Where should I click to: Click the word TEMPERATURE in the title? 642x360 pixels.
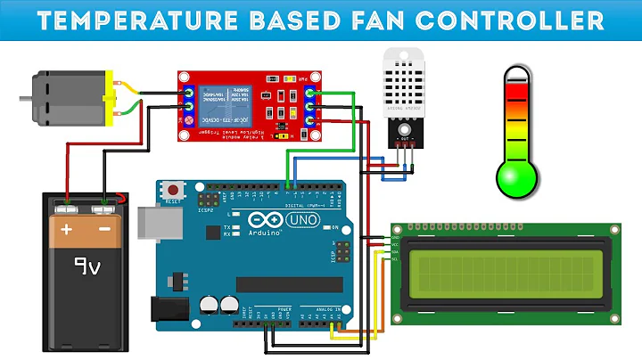139,20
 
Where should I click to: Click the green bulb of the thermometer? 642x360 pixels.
516,174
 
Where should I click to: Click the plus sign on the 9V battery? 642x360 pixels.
66,228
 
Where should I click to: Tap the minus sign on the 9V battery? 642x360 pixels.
104,228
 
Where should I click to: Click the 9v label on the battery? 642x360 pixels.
86,266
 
